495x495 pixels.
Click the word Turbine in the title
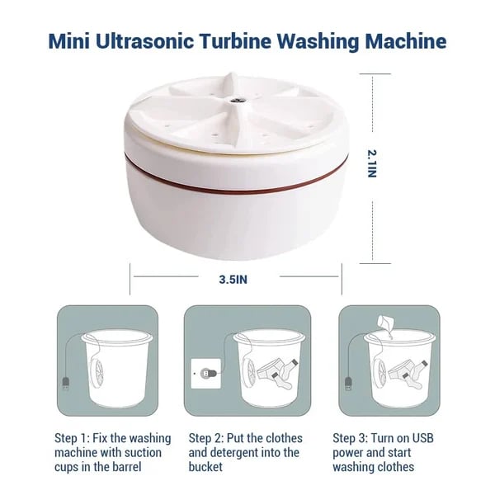point(246,40)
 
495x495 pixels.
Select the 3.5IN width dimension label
point(233,279)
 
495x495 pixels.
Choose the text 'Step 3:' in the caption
point(351,437)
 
